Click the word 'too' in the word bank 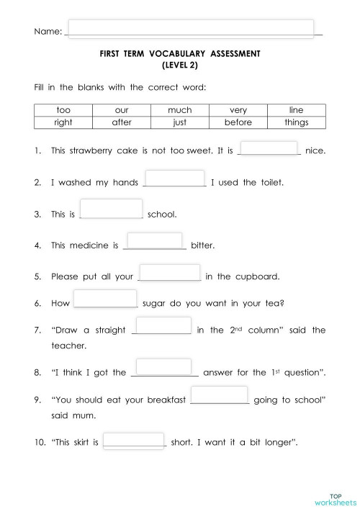coord(63,110)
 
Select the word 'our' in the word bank coord(121,110)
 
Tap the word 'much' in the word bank coord(179,110)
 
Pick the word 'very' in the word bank coord(238,110)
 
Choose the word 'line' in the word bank coord(296,110)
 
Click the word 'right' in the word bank coord(63,122)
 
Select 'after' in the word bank coord(121,122)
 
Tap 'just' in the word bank coord(179,122)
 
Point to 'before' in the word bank coord(238,122)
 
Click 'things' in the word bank coord(296,122)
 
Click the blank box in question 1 coord(269,148)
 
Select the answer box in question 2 coord(175,178)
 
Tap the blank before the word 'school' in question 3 coord(112,208)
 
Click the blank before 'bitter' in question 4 coord(155,240)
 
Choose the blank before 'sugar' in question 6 coord(105,298)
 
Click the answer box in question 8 coord(163,367)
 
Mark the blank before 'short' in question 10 coord(134,441)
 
